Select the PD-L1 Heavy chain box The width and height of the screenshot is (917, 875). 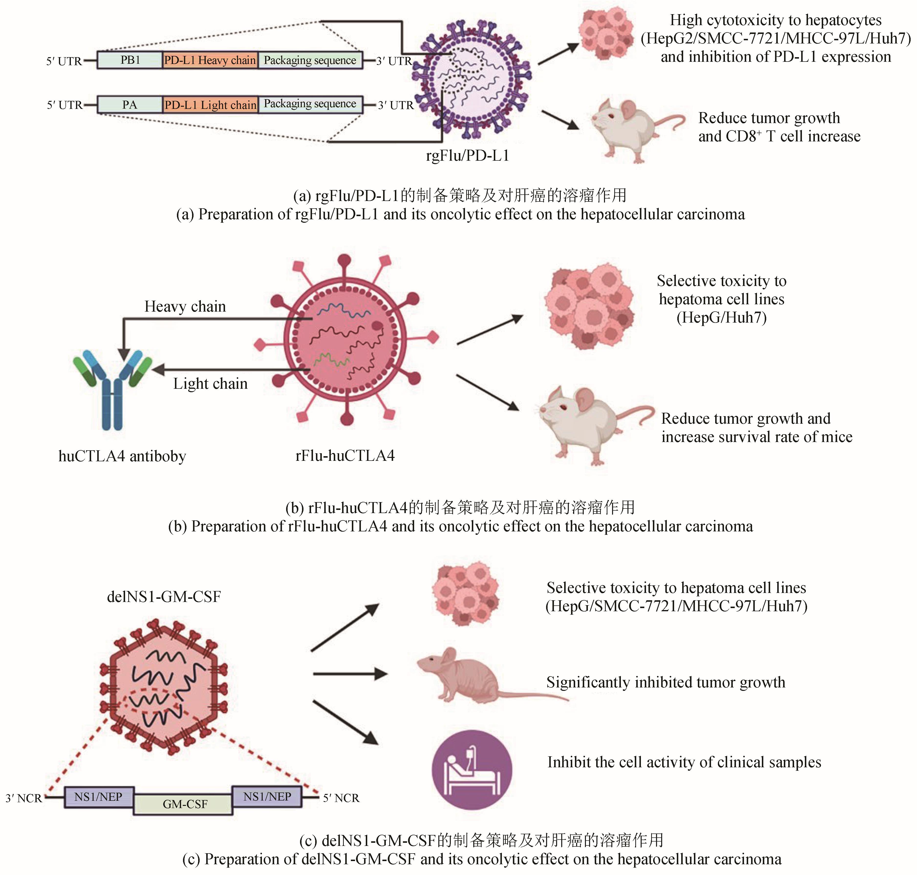pyautogui.click(x=210, y=60)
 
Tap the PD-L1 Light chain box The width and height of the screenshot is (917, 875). pyautogui.click(x=210, y=105)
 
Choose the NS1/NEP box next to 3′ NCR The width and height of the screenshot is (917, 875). pyautogui.click(x=98, y=797)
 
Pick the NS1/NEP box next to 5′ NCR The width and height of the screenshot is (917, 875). pyautogui.click(x=267, y=797)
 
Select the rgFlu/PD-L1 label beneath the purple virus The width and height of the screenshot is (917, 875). pyautogui.click(x=467, y=155)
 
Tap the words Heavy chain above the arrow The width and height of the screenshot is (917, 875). pyautogui.click(x=185, y=306)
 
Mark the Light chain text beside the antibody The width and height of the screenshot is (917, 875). pyautogui.click(x=210, y=383)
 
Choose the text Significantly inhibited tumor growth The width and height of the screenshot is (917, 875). pyautogui.click(x=666, y=682)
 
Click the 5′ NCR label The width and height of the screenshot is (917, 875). pyautogui.click(x=341, y=798)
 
